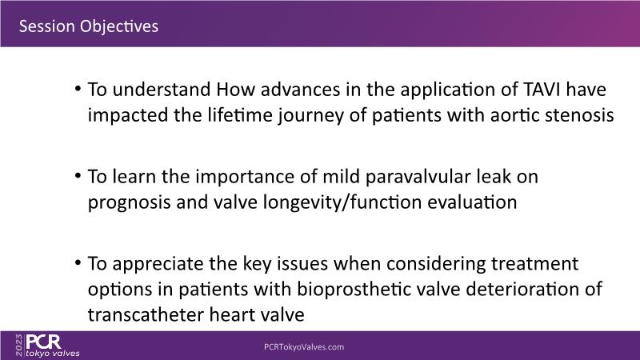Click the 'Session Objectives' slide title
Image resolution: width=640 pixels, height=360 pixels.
pyautogui.click(x=89, y=26)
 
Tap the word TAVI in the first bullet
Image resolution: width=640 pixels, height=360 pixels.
pyautogui.click(x=539, y=90)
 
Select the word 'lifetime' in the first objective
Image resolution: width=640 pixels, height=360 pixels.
pyautogui.click(x=240, y=114)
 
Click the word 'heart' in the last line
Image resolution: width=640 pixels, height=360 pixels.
pyautogui.click(x=232, y=314)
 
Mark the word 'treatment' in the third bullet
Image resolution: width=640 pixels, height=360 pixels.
pyautogui.click(x=534, y=264)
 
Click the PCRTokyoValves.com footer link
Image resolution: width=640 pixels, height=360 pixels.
pyautogui.click(x=304, y=347)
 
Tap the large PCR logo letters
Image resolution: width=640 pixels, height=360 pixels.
pyautogui.click(x=44, y=342)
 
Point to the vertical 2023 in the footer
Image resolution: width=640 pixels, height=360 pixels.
pyautogui.click(x=19, y=346)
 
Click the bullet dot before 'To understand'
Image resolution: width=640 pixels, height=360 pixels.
pyautogui.click(x=78, y=89)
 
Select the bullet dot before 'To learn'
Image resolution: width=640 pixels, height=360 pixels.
pyautogui.click(x=78, y=176)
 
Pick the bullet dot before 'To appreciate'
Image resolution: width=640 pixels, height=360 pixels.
pyautogui.click(x=78, y=263)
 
